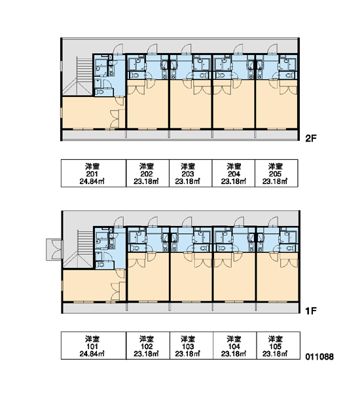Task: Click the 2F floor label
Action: (x=311, y=138)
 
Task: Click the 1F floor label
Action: (x=311, y=311)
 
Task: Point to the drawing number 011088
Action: (x=319, y=357)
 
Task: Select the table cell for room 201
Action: (x=94, y=173)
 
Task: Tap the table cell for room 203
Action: (x=190, y=173)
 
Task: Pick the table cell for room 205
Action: (x=276, y=173)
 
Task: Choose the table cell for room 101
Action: (x=94, y=346)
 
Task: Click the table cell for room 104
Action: (x=234, y=346)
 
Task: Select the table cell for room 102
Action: (x=148, y=346)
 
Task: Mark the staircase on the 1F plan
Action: (x=78, y=249)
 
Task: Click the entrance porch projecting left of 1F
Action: (x=54, y=250)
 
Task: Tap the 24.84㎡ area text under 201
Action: (x=92, y=181)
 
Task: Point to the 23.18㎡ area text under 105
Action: (x=275, y=354)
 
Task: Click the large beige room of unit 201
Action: (x=90, y=113)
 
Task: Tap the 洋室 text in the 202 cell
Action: (x=147, y=166)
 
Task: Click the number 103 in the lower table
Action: (x=188, y=346)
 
